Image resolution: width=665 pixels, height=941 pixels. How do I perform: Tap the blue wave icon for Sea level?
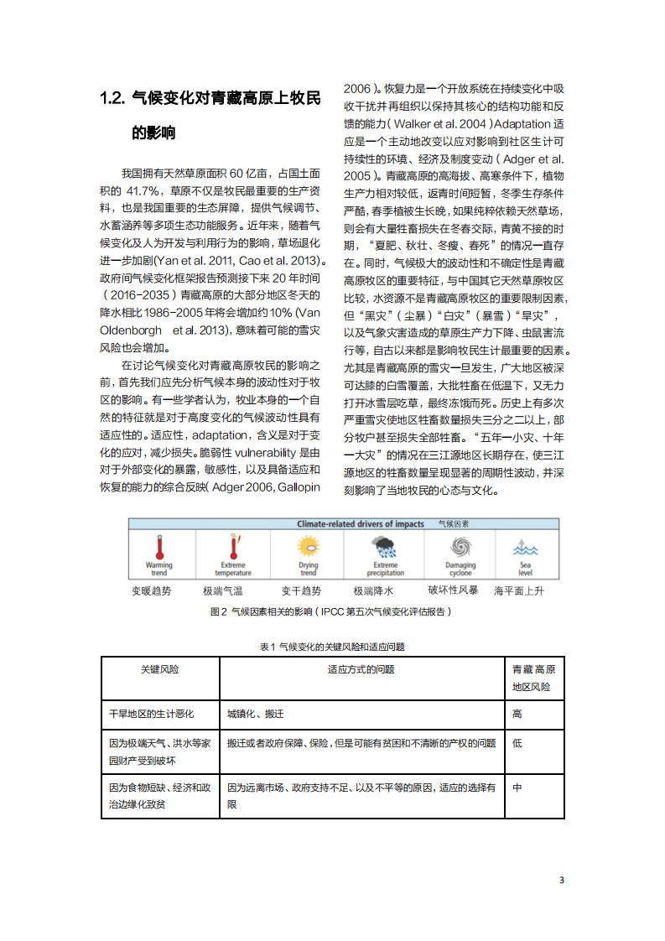point(524,548)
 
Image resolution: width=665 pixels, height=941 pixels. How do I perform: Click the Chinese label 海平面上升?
point(519,590)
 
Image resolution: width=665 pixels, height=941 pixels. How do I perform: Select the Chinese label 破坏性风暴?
point(453,590)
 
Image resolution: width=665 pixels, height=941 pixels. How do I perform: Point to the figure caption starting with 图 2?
point(330,612)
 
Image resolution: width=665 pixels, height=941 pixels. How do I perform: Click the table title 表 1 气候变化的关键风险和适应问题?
point(332,647)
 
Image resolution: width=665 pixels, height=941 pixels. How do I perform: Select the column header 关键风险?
point(159,669)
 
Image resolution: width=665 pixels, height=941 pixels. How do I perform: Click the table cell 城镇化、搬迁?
point(256,714)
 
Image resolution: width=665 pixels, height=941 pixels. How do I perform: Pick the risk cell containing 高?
point(517,714)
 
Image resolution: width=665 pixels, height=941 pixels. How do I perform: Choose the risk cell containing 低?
point(517,743)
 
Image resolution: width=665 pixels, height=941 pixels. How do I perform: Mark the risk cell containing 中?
point(517,788)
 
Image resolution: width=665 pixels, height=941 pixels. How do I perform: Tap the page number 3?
point(562,880)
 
